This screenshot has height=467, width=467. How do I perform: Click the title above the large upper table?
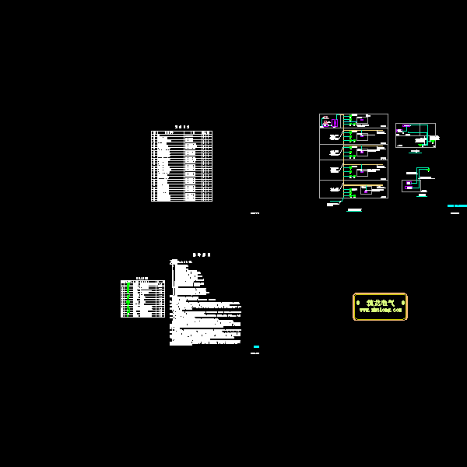click(182, 127)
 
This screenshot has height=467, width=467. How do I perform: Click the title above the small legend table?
click(142, 278)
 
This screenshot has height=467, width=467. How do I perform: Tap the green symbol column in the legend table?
click(127, 299)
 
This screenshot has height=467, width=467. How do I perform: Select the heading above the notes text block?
click(202, 255)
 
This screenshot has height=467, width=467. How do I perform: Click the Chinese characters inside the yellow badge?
click(380, 302)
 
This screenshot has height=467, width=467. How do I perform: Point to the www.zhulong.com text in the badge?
click(380, 310)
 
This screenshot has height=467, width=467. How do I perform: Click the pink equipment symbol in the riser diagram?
click(326, 121)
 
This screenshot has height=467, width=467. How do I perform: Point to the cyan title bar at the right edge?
click(457, 206)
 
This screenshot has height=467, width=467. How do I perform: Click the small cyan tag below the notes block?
click(256, 346)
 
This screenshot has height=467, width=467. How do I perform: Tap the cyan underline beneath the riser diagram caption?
click(354, 211)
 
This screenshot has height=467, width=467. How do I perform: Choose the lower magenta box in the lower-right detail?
click(407, 185)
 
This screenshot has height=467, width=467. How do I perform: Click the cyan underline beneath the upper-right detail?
click(415, 152)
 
